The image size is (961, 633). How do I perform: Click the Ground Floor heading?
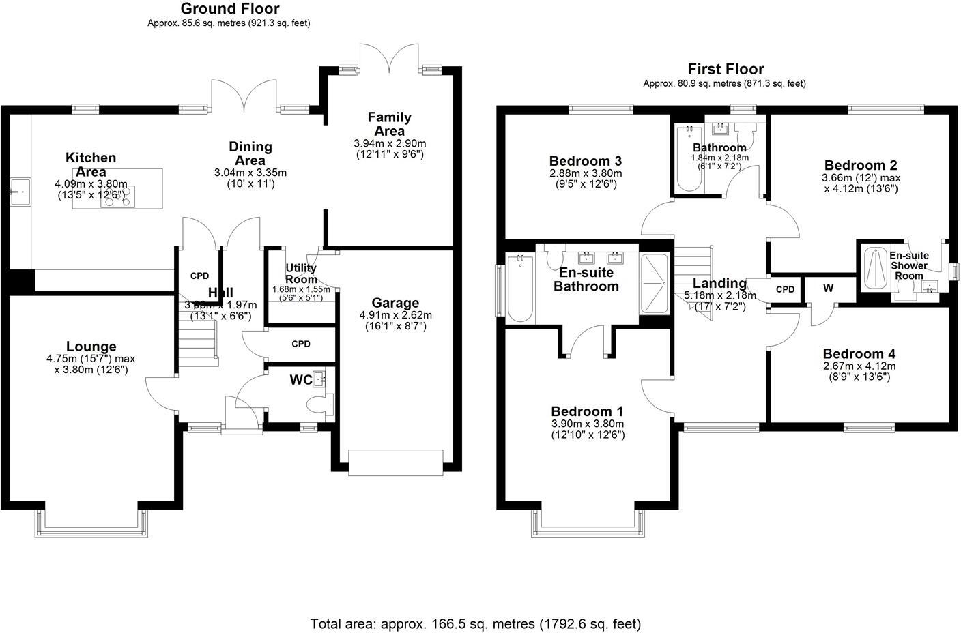point(229,9)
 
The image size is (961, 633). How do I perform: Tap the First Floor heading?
point(725,69)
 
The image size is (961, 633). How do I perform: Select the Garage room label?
point(395,303)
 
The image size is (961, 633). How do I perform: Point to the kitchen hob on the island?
point(119,196)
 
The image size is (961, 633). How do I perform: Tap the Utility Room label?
point(301,274)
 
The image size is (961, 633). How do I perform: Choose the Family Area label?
point(389,123)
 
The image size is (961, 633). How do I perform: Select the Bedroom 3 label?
point(585,161)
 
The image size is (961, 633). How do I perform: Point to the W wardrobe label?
point(828,289)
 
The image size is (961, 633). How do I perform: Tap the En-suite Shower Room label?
point(908,265)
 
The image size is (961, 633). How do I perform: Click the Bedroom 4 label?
point(859,353)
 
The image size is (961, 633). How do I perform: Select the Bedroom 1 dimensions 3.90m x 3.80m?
point(587,424)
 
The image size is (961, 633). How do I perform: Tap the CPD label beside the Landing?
point(786,289)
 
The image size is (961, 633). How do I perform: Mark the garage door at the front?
point(396,462)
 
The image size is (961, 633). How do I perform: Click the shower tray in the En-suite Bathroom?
point(655,284)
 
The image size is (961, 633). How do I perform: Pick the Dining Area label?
point(250,153)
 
